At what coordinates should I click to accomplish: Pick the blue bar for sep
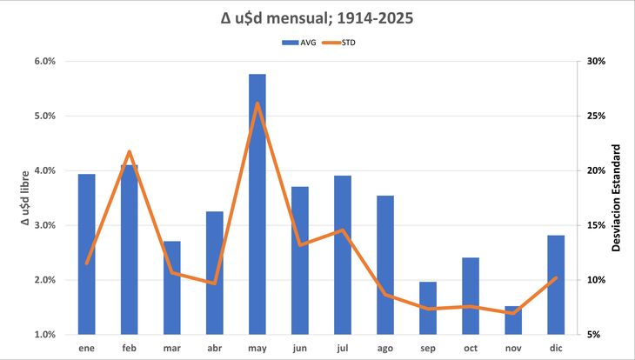428,308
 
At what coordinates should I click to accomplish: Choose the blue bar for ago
385,265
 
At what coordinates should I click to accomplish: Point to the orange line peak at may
257,103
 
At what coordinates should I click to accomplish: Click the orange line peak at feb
130,152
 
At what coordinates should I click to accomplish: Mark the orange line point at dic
556,277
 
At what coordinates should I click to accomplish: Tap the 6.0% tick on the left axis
44,62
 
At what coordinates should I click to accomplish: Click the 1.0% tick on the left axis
44,335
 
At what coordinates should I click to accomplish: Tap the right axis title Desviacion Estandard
616,198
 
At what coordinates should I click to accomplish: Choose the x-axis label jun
300,348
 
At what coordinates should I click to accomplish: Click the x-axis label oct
471,348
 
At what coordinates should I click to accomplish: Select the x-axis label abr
215,348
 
